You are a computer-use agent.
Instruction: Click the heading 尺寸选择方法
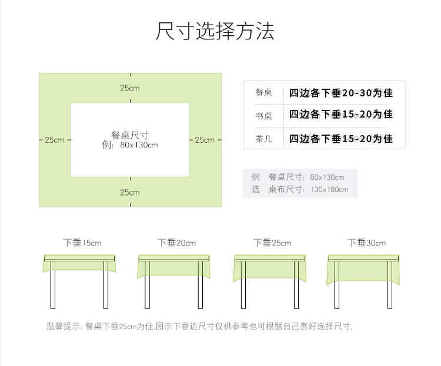(215, 31)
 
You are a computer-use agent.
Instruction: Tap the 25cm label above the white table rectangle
(130, 88)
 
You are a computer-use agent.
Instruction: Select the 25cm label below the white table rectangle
(130, 192)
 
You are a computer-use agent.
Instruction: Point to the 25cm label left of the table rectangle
(54, 140)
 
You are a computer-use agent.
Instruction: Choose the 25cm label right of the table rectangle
(205, 140)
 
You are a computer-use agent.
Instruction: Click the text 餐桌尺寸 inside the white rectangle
(129, 135)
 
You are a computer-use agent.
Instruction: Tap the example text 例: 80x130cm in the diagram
(129, 145)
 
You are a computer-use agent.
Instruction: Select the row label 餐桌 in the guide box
(263, 93)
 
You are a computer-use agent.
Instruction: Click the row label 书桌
(263, 116)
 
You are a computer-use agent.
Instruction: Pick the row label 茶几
(263, 139)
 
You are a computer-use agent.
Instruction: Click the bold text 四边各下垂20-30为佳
(340, 93)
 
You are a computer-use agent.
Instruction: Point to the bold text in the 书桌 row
(340, 115)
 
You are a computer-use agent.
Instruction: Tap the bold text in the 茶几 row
(340, 139)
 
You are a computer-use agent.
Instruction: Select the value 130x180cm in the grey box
(330, 189)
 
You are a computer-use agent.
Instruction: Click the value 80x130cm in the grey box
(327, 177)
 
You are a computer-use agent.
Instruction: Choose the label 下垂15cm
(82, 242)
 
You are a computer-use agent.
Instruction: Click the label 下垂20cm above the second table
(176, 242)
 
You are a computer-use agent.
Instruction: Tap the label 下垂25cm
(272, 242)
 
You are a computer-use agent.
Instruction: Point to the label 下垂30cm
(366, 242)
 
